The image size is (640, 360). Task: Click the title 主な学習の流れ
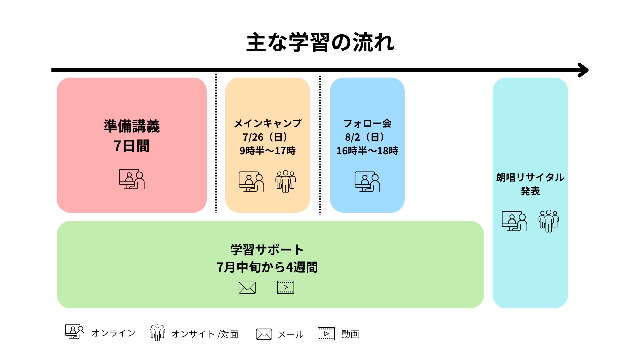(320, 42)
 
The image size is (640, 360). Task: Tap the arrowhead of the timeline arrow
(584, 70)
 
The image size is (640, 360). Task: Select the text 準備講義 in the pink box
(132, 126)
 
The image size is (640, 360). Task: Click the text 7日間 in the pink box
(132, 146)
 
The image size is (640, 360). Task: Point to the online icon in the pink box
(132, 179)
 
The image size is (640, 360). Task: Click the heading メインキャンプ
(268, 123)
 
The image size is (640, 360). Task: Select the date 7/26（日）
(266, 137)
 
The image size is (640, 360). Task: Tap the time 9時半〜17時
(268, 151)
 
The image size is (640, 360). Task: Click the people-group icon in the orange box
(286, 182)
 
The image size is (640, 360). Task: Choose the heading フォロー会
(367, 123)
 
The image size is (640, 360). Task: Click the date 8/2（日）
(365, 137)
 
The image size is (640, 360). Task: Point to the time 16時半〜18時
(367, 151)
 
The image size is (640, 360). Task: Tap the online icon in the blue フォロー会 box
(367, 182)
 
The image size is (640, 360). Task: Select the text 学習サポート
(267, 250)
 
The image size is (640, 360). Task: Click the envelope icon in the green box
(247, 288)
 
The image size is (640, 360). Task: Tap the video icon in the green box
(286, 287)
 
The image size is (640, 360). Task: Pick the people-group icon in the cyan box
(549, 221)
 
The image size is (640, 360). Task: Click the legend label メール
(291, 334)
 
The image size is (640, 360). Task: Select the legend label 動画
(350, 334)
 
